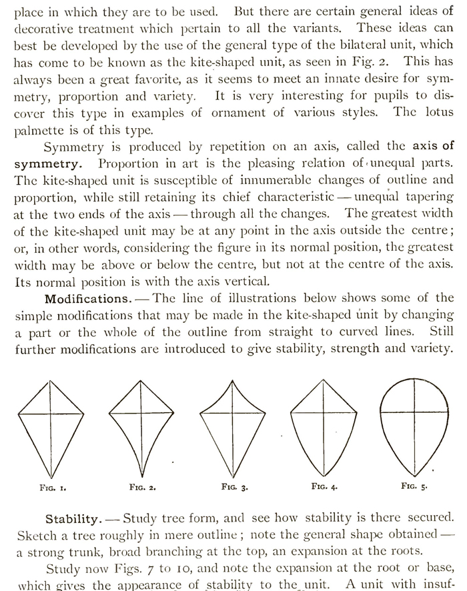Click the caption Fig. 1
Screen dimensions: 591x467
point(53,488)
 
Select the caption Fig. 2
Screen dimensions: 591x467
point(142,488)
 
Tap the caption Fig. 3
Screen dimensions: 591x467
point(233,488)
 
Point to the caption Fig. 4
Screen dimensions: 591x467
point(324,486)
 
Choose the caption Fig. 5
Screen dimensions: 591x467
point(414,486)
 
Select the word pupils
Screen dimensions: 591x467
point(380,96)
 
